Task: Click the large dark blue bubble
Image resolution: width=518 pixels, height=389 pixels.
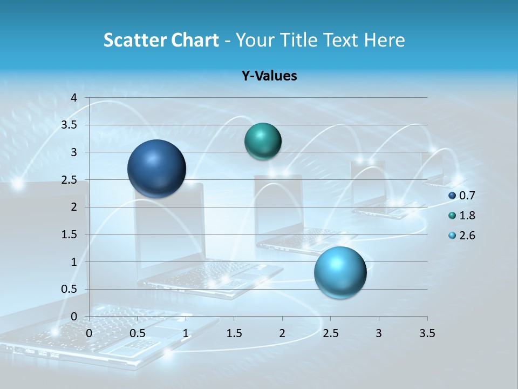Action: click(x=156, y=169)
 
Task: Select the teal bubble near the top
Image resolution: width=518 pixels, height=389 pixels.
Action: click(x=263, y=141)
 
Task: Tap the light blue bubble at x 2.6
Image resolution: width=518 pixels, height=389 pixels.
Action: click(x=340, y=272)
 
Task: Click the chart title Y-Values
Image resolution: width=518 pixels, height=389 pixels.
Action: click(x=269, y=76)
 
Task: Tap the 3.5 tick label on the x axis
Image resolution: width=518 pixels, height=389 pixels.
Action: click(x=427, y=333)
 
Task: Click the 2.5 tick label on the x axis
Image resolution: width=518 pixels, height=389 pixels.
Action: click(x=330, y=333)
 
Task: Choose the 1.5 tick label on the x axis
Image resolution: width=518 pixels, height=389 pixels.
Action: click(x=234, y=333)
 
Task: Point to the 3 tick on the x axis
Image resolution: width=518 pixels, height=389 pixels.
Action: click(x=379, y=333)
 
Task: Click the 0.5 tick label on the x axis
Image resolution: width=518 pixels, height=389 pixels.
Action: click(x=137, y=333)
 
